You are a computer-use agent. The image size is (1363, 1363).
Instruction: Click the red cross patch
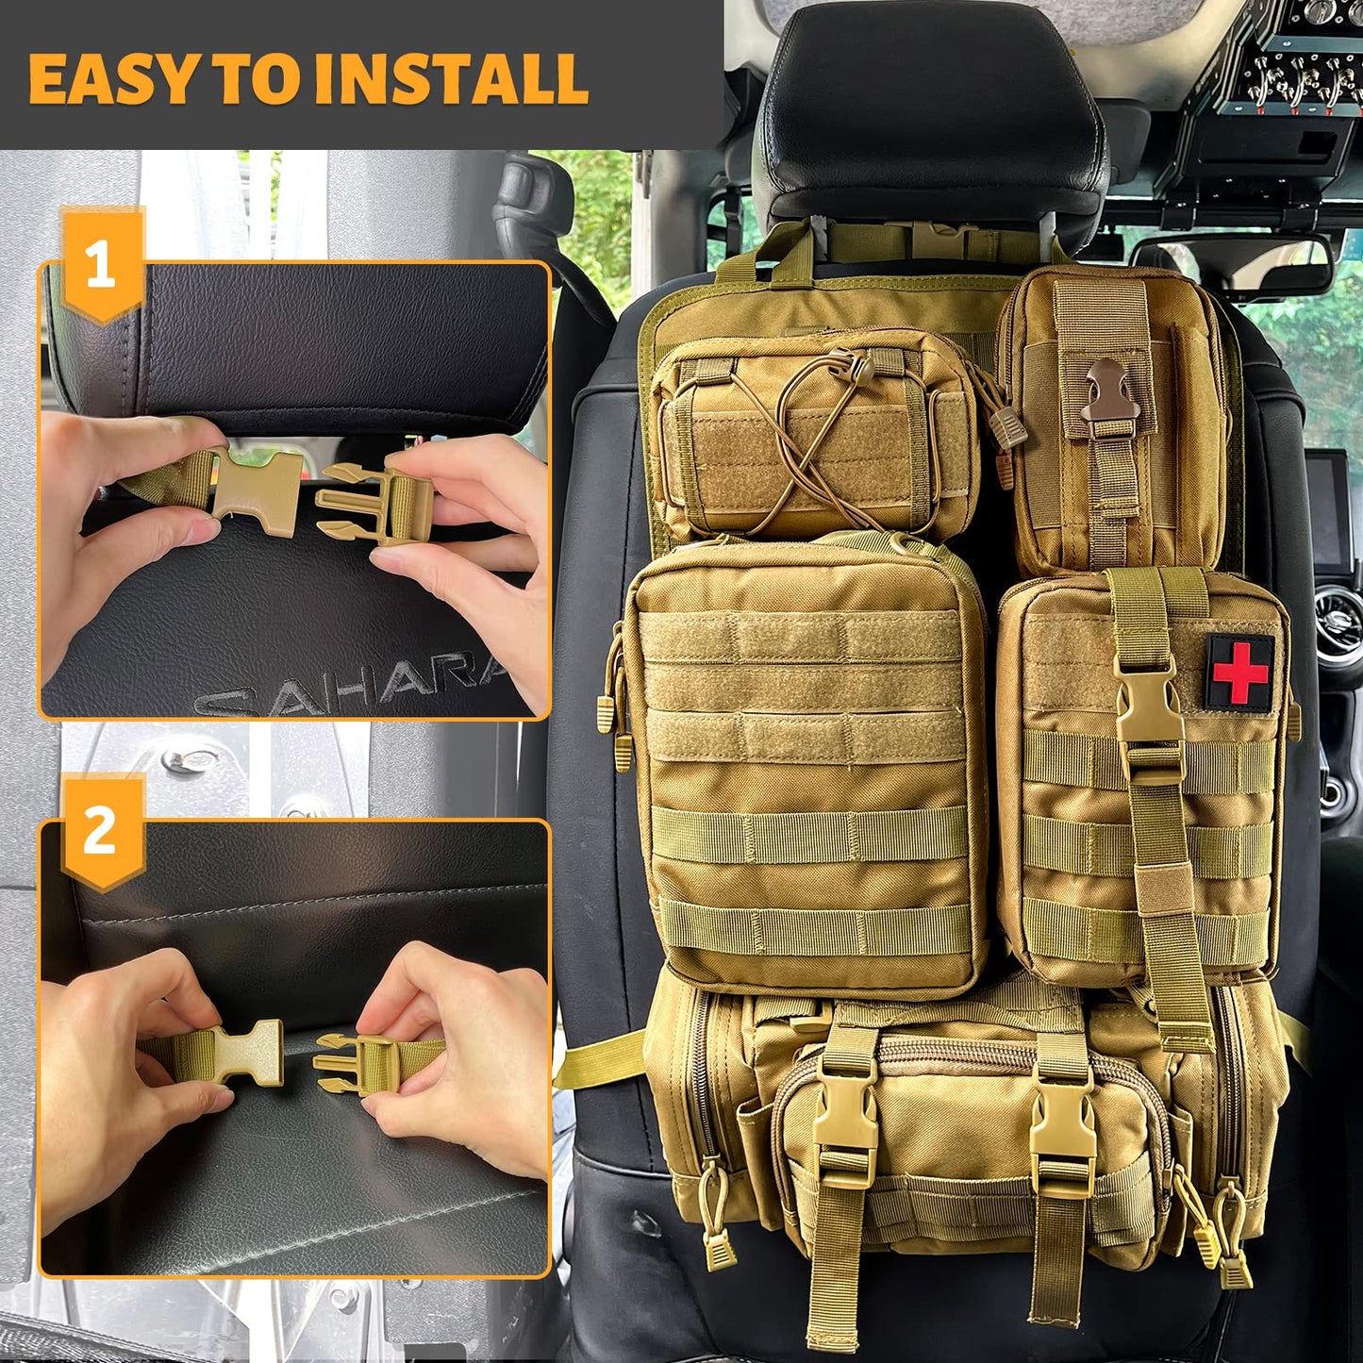coord(1239,672)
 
